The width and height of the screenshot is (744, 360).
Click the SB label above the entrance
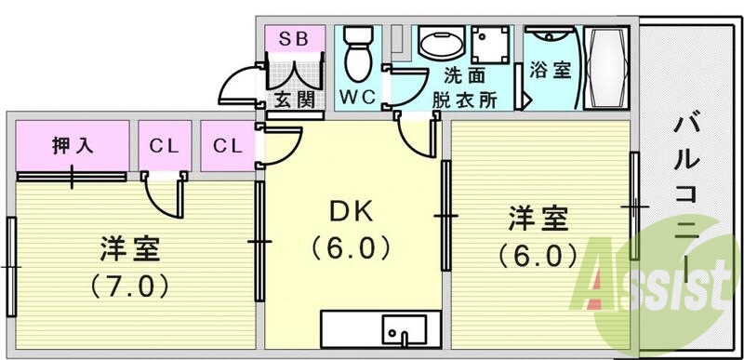(x=294, y=38)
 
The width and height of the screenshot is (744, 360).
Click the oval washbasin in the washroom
(x=441, y=43)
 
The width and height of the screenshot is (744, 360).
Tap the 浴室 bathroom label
(x=551, y=70)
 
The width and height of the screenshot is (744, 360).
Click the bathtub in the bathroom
(x=609, y=67)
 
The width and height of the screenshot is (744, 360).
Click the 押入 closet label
(x=72, y=145)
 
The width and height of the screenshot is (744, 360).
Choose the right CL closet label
(x=227, y=145)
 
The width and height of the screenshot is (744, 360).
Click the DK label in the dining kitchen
(x=352, y=213)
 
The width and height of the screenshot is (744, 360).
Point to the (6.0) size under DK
(x=352, y=248)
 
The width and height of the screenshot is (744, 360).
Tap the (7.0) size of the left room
(x=132, y=283)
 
